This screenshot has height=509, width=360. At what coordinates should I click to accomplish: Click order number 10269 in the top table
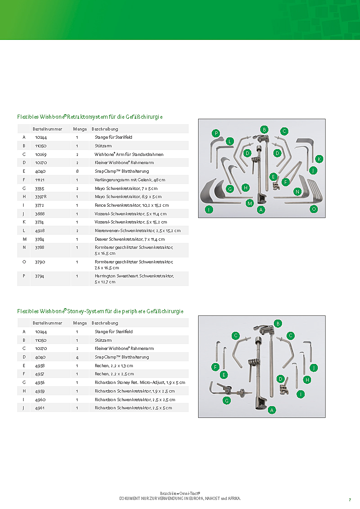tap(40, 155)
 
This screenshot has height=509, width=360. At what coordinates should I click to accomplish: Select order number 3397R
tap(41, 197)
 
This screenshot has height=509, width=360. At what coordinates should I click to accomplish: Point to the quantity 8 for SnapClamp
tap(77, 171)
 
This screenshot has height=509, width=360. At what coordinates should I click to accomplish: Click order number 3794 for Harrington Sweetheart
tap(40, 276)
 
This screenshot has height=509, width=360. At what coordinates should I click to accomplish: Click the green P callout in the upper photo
tap(216, 133)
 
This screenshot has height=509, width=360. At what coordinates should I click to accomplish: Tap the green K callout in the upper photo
tap(319, 159)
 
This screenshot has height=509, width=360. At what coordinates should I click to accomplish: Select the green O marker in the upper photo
tap(313, 209)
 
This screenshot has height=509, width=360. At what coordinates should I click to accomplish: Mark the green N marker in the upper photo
tap(297, 191)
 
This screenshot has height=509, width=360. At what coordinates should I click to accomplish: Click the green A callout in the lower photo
tap(272, 410)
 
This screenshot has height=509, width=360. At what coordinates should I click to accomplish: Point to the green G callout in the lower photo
tap(227, 400)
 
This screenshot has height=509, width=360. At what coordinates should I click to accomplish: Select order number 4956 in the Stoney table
tap(40, 383)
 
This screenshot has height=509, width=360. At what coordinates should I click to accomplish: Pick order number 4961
tap(40, 408)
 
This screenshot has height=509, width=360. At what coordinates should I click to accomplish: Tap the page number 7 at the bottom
tap(350, 499)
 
